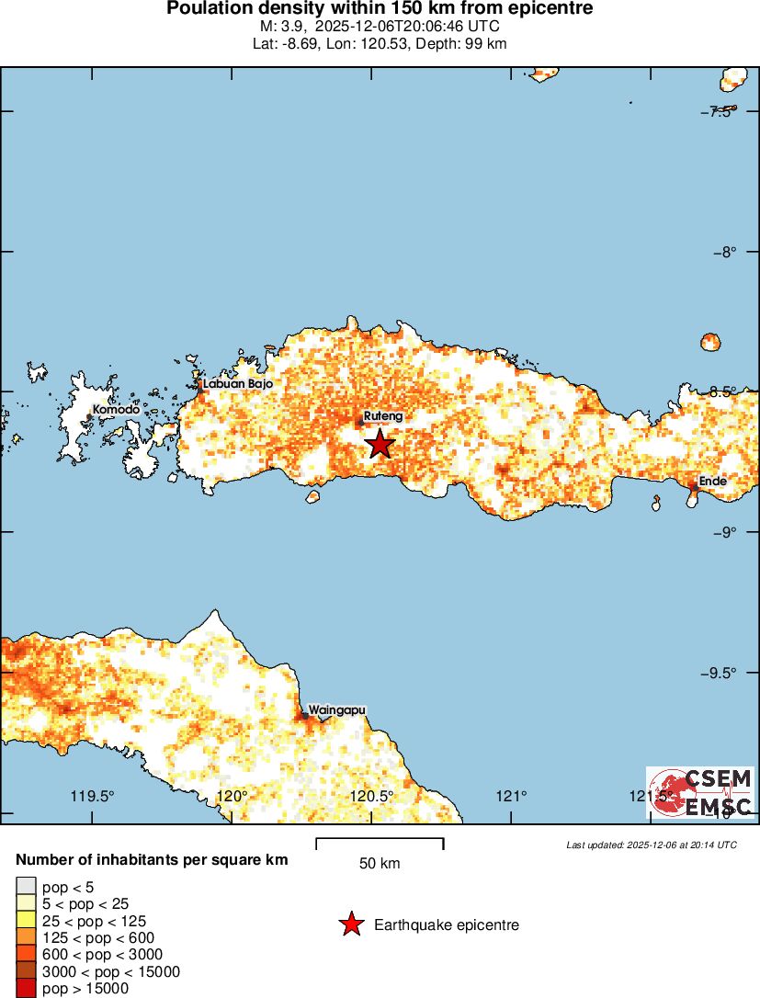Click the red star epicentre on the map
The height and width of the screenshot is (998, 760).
[x=380, y=444]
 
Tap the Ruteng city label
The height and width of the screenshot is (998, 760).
[x=383, y=416]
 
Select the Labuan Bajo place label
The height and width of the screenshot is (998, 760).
[x=237, y=384]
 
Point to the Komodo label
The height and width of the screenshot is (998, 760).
[x=116, y=410]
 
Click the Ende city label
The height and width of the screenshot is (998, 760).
[x=711, y=481]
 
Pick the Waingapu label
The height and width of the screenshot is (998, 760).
[x=337, y=710]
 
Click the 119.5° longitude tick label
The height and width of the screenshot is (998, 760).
[x=93, y=796]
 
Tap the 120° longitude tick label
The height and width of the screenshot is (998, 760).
[x=233, y=796]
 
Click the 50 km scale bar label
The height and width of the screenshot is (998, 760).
[x=380, y=864]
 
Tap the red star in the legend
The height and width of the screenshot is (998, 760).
[x=351, y=924]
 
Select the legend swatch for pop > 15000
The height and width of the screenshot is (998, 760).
[x=26, y=989]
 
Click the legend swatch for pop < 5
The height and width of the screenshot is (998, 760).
[x=26, y=887]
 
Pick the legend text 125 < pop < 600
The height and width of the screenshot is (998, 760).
[x=98, y=938]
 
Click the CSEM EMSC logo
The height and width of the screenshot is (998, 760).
[x=700, y=793]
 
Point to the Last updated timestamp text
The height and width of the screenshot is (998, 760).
[x=652, y=845]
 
